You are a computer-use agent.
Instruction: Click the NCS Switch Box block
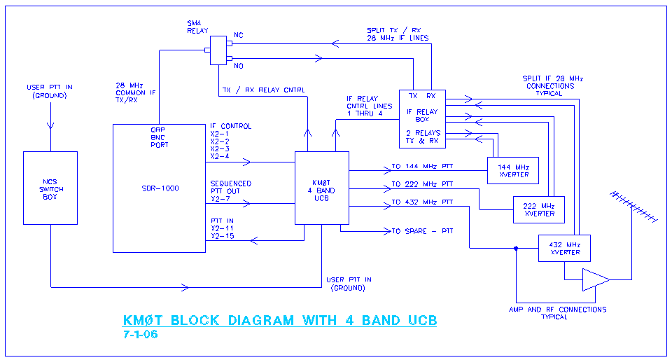coord(50,188)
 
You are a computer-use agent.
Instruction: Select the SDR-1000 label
coord(160,188)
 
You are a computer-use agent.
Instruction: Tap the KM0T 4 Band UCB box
coord(321,188)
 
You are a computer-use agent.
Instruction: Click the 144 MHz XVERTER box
coord(512,171)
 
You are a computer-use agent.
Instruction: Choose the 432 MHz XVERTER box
coord(564,248)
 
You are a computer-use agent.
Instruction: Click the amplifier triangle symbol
coord(595,279)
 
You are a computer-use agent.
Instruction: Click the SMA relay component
coord(218,51)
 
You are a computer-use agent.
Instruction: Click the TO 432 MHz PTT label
coord(422,203)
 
